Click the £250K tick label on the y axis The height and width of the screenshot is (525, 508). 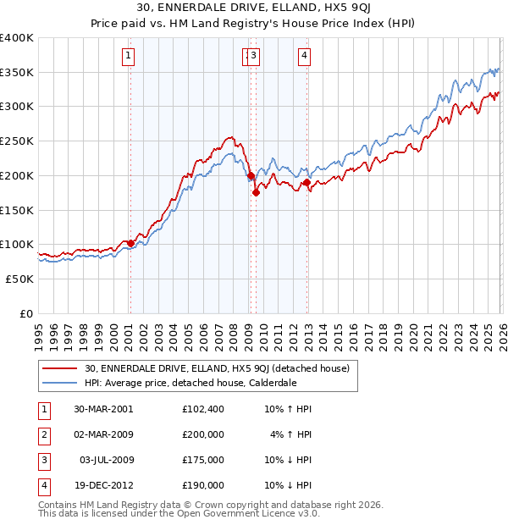(17, 141)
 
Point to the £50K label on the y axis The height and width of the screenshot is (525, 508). (19, 279)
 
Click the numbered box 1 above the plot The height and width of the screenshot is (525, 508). (128, 57)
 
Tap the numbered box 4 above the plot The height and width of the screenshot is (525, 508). (303, 57)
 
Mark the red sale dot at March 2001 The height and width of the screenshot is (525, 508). (130, 243)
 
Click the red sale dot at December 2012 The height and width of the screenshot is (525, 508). (306, 182)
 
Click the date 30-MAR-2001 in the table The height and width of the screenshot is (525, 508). (103, 409)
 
